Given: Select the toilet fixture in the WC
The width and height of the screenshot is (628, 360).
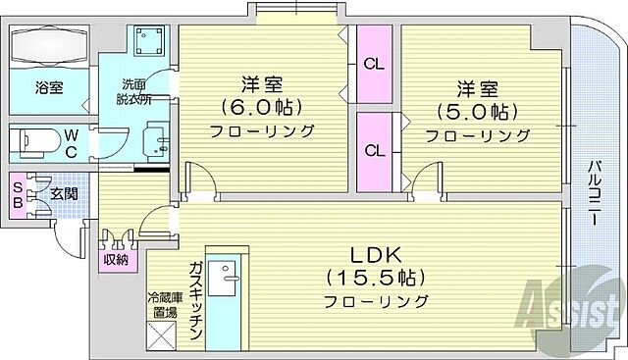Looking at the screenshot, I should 35,143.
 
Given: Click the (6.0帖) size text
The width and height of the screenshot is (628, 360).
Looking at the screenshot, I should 259,106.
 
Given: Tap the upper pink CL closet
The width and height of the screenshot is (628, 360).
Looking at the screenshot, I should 374,66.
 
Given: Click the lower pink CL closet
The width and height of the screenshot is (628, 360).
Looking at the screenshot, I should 374,151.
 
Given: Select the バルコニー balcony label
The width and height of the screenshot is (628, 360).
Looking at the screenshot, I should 595,192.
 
